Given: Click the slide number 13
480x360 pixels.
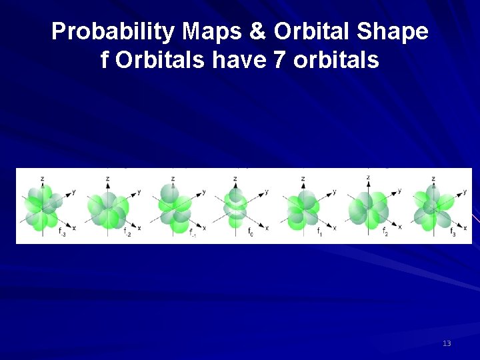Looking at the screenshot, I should coord(447,343).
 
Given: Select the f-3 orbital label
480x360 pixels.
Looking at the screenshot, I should coord(62,231).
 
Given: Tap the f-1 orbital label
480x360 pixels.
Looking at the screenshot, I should coord(191,233).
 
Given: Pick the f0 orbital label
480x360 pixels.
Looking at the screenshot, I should coord(251,231).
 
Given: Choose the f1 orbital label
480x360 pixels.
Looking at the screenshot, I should coord(320,231).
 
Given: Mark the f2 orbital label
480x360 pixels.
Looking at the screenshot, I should coord(385,231).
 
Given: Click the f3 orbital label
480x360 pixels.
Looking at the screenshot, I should coord(453,231).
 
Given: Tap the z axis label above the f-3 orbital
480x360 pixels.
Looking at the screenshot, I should coord(43,179).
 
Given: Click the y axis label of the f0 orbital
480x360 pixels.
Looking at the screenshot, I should coord(267,192).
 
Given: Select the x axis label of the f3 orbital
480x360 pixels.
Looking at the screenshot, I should coord(464,228).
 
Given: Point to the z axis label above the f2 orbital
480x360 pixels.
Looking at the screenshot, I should coord(368,177).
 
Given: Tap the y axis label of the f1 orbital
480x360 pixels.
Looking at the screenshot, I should coord(334,192).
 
